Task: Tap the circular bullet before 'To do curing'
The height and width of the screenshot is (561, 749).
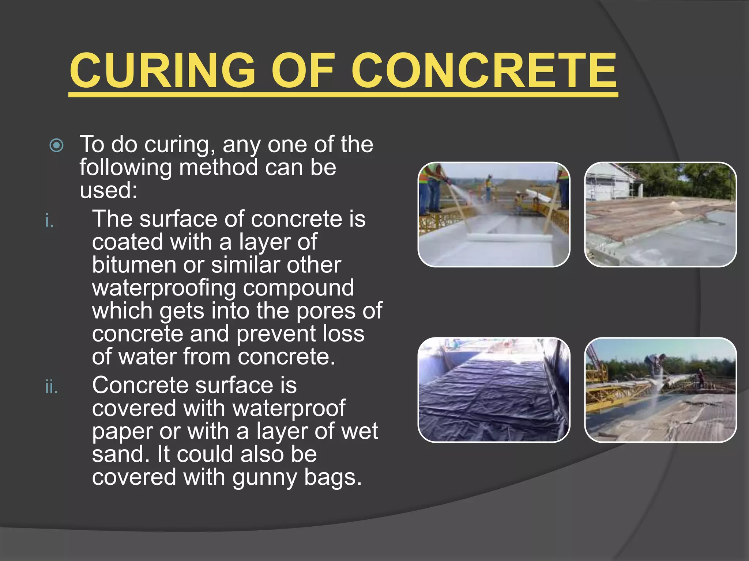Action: point(57,145)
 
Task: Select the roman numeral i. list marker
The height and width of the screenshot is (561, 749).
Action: point(49,221)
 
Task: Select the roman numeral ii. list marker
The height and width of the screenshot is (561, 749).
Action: point(52,387)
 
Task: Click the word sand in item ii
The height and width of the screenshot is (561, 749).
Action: point(117,454)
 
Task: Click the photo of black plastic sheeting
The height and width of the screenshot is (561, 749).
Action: point(493,390)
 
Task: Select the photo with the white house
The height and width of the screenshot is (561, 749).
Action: point(660,215)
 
